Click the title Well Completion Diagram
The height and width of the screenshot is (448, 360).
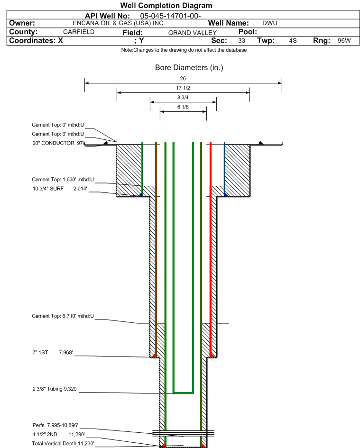point(166,6)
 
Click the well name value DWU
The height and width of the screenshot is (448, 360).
point(269,23)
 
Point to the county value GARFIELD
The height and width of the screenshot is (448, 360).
point(79,32)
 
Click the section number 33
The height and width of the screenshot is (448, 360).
point(241,41)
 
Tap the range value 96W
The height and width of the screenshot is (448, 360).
point(344,41)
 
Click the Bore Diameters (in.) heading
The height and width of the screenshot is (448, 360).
point(189,68)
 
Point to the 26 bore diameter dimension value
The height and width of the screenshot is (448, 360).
point(183,79)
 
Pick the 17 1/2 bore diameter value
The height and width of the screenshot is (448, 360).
point(183,88)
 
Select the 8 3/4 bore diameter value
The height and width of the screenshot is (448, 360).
point(183,97)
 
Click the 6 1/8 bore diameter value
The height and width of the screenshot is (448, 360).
point(183,107)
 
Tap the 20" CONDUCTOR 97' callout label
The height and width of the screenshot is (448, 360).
point(57,143)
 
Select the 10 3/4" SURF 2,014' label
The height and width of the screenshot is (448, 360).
point(60,188)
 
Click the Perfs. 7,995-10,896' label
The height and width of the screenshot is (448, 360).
point(55,425)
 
